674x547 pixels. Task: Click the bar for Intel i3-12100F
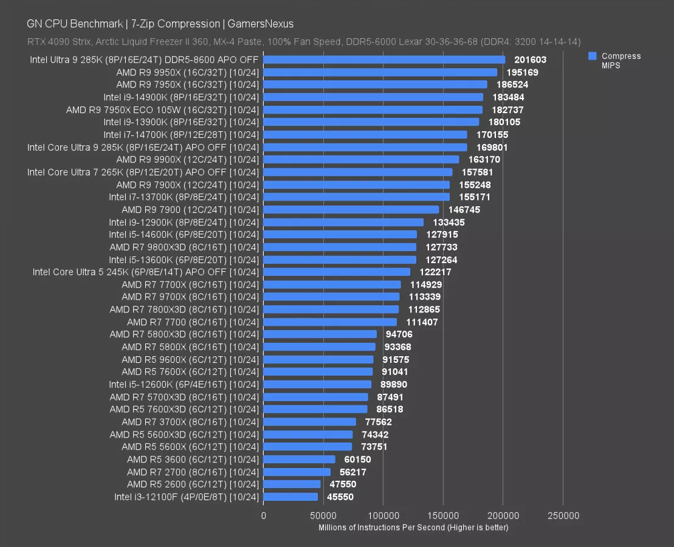[291, 497]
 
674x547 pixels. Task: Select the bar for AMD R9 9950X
[380, 72]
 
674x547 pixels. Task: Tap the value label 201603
[530, 60]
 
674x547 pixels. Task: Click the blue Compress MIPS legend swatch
[592, 56]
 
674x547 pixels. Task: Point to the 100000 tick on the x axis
[383, 516]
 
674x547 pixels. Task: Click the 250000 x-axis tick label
[563, 516]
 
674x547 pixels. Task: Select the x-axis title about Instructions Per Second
[413, 528]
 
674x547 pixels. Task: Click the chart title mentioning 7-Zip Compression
[160, 24]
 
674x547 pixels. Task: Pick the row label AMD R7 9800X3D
[184, 247]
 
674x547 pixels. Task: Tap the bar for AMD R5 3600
[299, 459]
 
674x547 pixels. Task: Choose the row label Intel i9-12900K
[184, 222]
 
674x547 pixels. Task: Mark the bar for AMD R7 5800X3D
[320, 334]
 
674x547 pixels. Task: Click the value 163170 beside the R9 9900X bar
[484, 159]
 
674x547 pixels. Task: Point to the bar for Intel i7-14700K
[365, 135]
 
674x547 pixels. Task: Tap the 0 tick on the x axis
[264, 516]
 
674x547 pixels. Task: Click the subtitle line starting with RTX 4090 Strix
[303, 42]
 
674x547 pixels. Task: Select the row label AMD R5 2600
[193, 484]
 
